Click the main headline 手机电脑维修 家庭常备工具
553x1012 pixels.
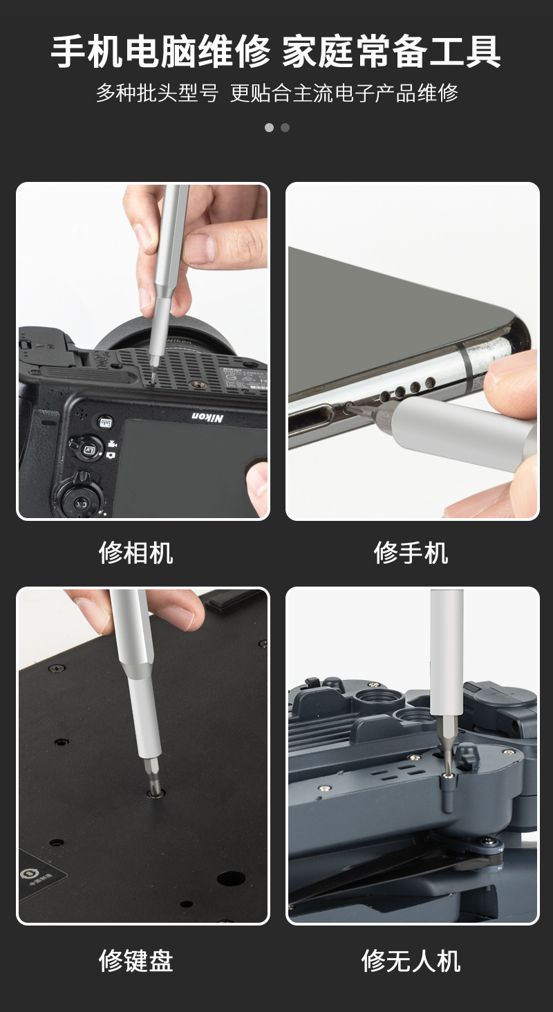(276, 53)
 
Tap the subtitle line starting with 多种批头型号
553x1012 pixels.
(276, 93)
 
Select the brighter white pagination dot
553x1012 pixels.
(269, 127)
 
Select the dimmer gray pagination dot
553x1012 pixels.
(285, 127)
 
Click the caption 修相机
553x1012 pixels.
(135, 553)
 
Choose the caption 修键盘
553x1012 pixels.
(135, 960)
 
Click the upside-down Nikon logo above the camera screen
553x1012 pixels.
(207, 417)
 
